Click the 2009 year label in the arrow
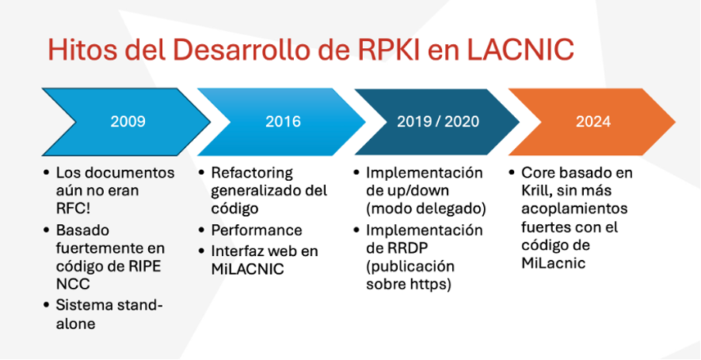click(128, 122)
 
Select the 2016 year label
click(283, 122)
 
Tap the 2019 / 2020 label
click(437, 122)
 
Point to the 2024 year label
click(593, 122)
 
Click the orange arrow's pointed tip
click(675, 122)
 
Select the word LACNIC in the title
click(520, 50)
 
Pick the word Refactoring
click(252, 172)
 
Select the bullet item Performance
click(256, 230)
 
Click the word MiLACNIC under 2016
click(247, 270)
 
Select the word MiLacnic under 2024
click(554, 263)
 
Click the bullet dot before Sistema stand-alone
click(47, 305)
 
